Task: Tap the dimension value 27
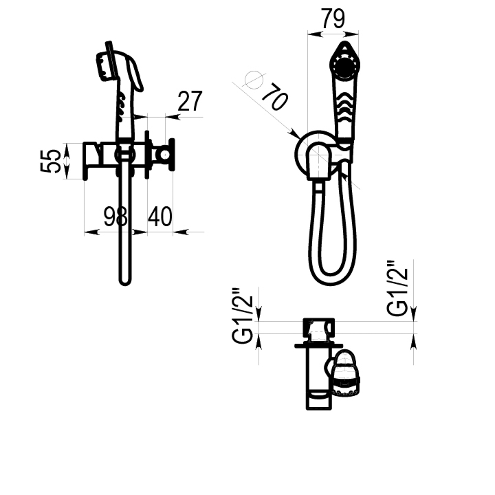pyautogui.click(x=190, y=101)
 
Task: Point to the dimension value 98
pyautogui.click(x=115, y=217)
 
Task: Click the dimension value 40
pyautogui.click(x=160, y=217)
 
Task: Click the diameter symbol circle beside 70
pyautogui.click(x=254, y=80)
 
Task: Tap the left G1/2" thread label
pyautogui.click(x=242, y=316)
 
